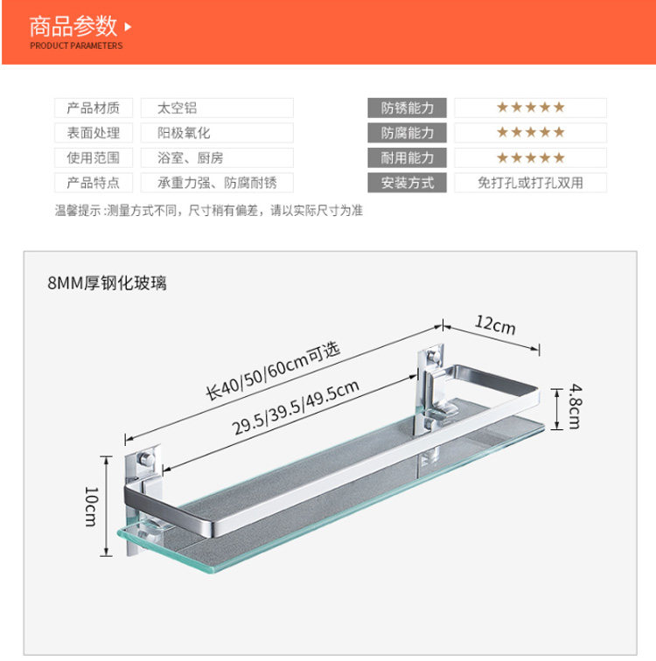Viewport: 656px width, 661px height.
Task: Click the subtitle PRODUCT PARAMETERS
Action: (x=76, y=45)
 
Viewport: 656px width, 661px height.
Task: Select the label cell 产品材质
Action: (x=94, y=108)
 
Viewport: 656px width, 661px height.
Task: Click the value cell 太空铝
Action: (x=217, y=108)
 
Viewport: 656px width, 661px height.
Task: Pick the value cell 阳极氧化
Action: (x=217, y=134)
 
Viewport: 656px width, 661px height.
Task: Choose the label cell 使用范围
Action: (x=94, y=158)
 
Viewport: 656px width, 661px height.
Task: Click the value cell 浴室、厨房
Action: (x=217, y=158)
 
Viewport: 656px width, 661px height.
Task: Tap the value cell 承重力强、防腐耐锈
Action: (x=217, y=184)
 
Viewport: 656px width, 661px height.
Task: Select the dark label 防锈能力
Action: (x=407, y=108)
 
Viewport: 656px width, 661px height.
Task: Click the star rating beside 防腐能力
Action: (x=530, y=133)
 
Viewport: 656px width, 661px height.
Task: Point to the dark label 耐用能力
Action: (x=407, y=158)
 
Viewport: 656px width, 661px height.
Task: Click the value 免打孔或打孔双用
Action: (x=530, y=184)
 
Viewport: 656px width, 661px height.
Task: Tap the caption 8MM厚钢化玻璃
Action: (x=108, y=282)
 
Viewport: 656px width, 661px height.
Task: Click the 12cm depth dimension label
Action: (x=495, y=326)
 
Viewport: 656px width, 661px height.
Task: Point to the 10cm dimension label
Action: (x=91, y=505)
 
